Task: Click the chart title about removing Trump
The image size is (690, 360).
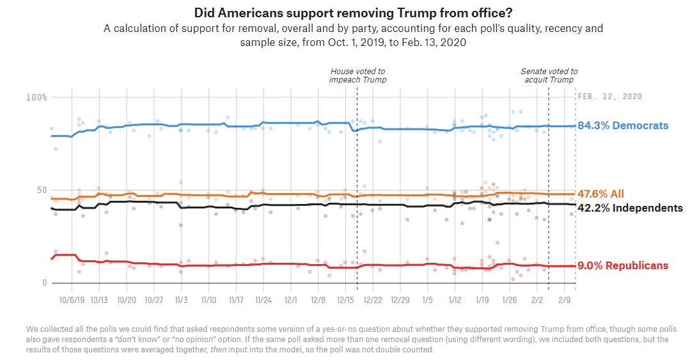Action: point(345,12)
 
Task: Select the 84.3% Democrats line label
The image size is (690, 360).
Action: point(623,125)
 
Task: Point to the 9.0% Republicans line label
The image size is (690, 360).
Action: point(623,265)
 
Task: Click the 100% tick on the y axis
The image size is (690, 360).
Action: point(36,97)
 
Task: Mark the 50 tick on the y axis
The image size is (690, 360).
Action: point(40,190)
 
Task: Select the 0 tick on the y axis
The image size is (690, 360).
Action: point(44,283)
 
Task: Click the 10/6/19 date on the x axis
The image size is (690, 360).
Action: point(72,299)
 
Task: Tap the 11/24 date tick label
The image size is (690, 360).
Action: point(263,299)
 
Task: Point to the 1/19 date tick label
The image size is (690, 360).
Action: point(482,299)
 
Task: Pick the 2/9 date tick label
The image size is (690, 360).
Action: point(565,299)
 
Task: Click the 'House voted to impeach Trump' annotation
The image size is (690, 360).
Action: point(357,75)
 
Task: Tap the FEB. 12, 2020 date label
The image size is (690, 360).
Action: point(609,97)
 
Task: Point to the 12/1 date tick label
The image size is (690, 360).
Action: point(291,299)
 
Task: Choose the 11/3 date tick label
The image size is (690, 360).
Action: point(181,299)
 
